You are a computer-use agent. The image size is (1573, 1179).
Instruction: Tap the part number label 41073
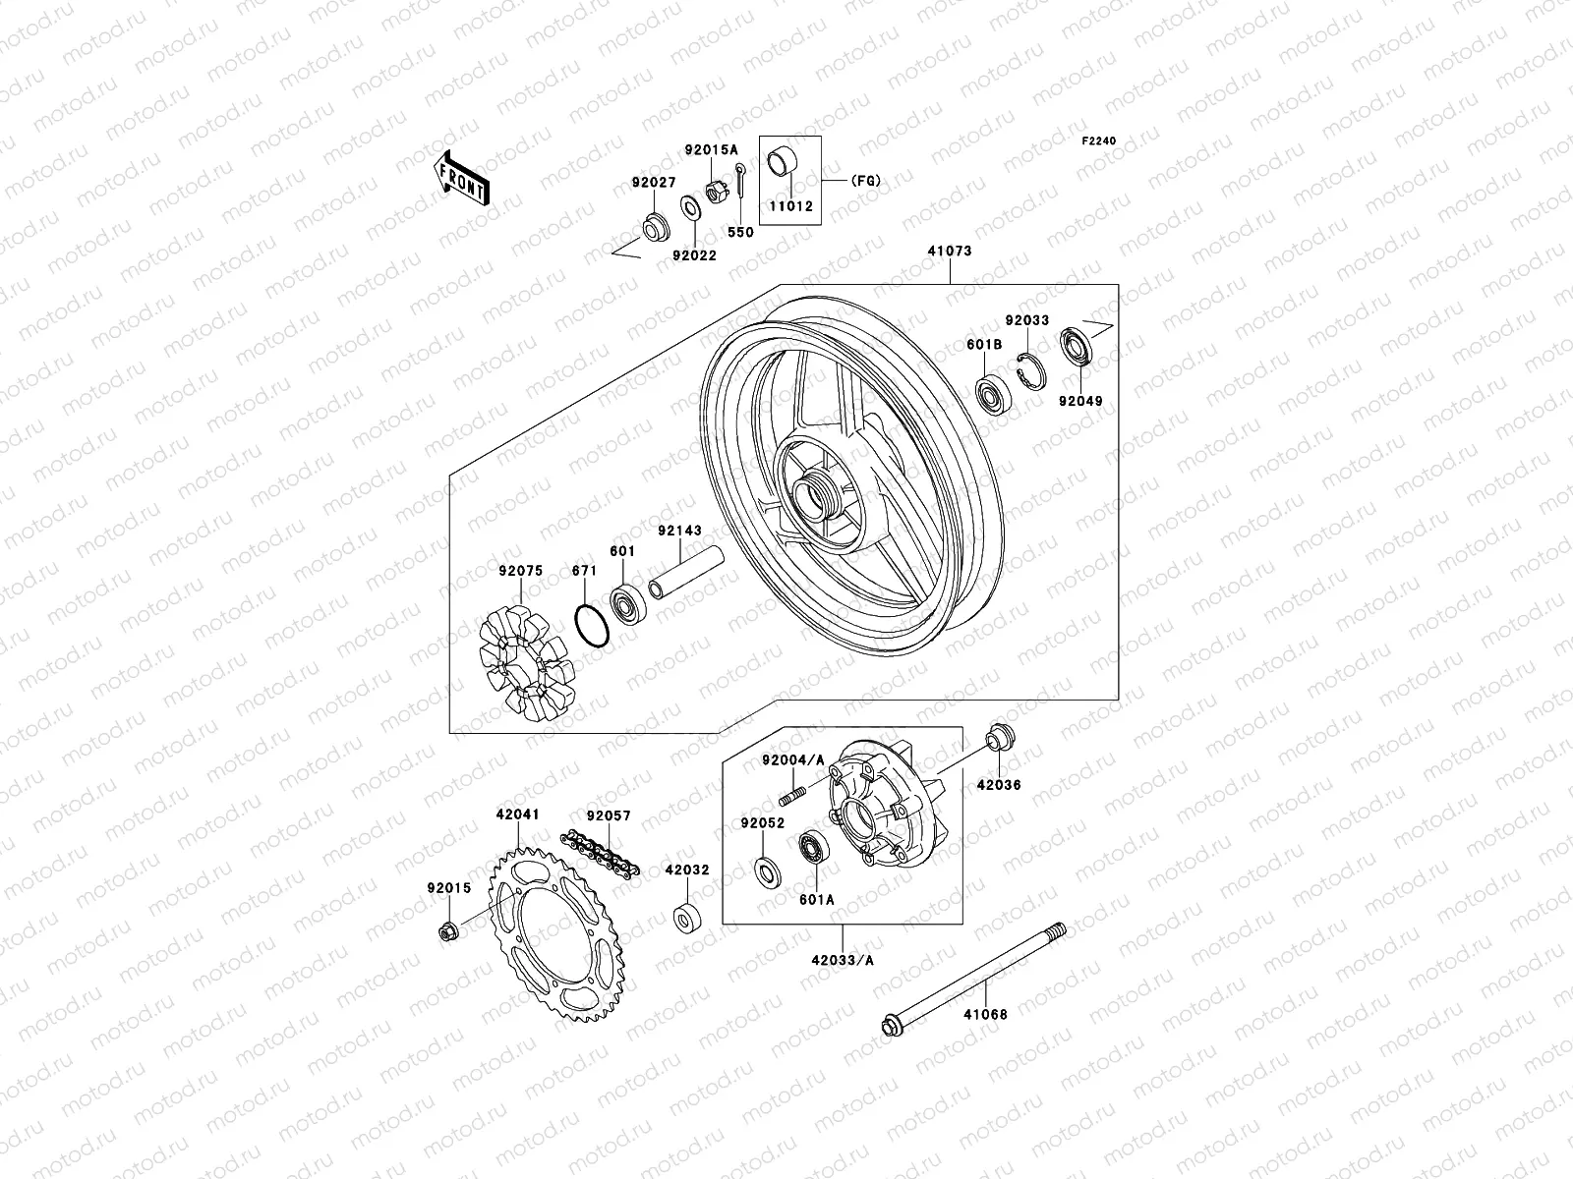point(949,252)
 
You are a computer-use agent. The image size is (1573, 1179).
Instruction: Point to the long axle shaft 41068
point(973,978)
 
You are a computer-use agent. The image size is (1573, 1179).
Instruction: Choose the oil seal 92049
point(1077,350)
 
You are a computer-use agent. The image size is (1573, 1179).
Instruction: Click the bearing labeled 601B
point(991,393)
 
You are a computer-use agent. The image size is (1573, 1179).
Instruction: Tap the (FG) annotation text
point(865,180)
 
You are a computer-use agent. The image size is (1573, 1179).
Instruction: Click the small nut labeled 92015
point(445,930)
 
